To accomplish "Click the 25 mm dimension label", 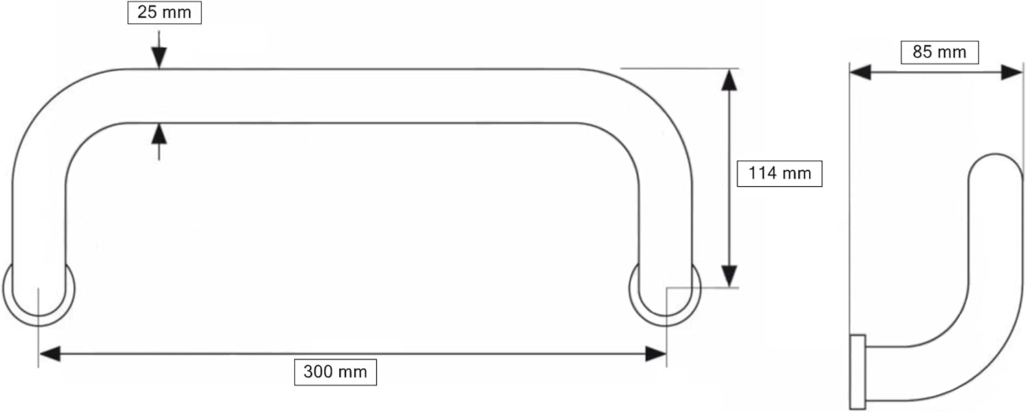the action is click(164, 12).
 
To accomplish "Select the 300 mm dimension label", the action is click(335, 372).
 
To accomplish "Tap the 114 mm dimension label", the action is click(780, 174).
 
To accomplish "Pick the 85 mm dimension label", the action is click(939, 52).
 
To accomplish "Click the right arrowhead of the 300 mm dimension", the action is click(655, 354).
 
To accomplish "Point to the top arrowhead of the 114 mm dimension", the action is click(729, 80).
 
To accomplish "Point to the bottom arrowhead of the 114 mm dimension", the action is click(729, 276).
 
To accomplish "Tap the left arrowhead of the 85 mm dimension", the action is click(860, 73).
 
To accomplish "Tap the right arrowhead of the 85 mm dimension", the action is click(1012, 73).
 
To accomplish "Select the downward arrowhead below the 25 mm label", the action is click(159, 57).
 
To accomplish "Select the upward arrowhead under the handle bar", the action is click(159, 134).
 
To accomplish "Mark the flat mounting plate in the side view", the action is click(858, 372).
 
